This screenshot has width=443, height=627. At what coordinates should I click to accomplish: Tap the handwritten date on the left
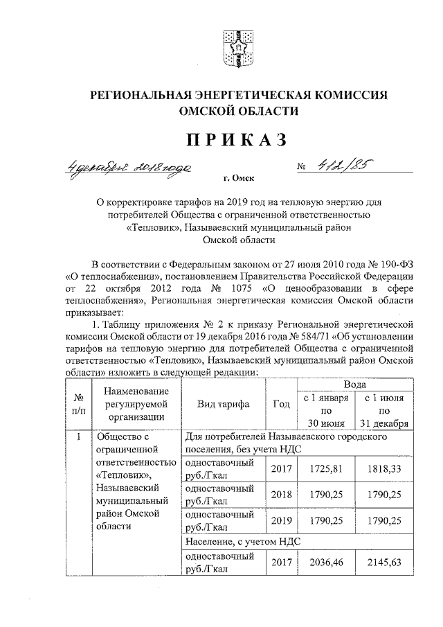pyautogui.click(x=129, y=166)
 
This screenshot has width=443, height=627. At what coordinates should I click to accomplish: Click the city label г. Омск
pyautogui.click(x=239, y=178)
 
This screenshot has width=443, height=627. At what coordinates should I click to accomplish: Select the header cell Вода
pyautogui.click(x=355, y=383)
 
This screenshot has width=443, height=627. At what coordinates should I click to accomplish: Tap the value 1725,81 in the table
pyautogui.click(x=325, y=468)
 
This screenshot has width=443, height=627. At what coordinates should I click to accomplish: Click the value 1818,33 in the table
pyautogui.click(x=384, y=468)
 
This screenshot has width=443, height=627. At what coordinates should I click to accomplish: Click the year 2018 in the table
pyautogui.click(x=282, y=495)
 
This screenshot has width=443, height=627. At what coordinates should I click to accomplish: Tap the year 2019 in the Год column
pyautogui.click(x=282, y=520)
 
